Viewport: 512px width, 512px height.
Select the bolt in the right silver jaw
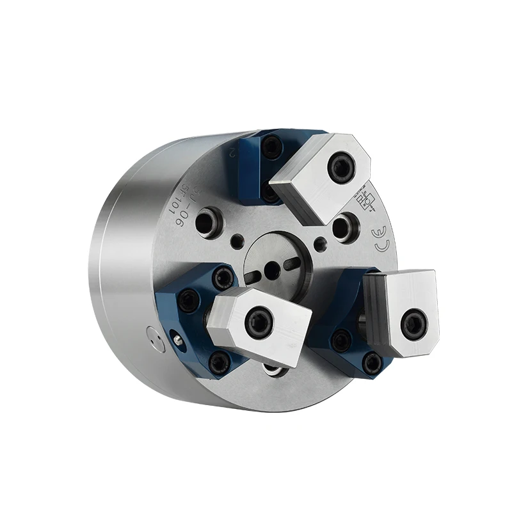[x=413, y=323]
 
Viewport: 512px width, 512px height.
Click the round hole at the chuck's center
[x=271, y=271]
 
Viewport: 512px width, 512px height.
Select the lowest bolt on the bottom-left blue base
[x=220, y=364]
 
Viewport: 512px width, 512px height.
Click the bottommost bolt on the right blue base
[x=371, y=364]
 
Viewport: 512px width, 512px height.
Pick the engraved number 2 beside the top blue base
[x=233, y=153]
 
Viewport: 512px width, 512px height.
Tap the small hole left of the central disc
[x=237, y=241]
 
